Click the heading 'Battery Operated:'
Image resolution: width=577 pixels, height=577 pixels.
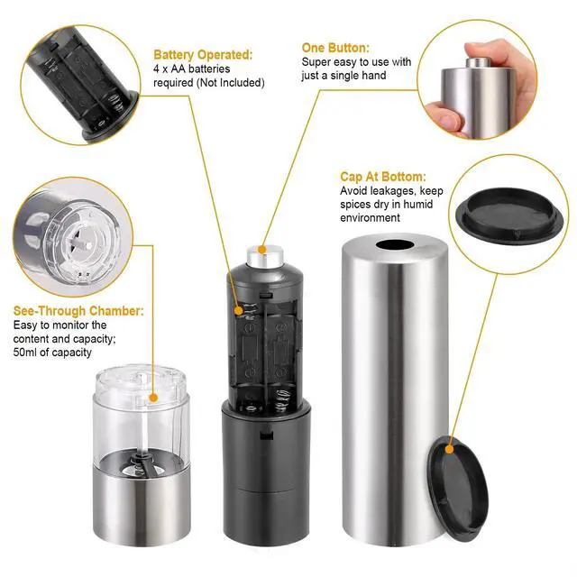(x=202, y=55)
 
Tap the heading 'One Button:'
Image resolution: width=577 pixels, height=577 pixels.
(x=334, y=48)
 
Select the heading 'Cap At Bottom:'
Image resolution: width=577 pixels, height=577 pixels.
(x=382, y=178)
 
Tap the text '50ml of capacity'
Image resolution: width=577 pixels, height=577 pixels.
(x=51, y=353)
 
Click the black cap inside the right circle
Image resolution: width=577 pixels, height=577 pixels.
(x=509, y=214)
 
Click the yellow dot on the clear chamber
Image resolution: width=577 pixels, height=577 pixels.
(x=154, y=397)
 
